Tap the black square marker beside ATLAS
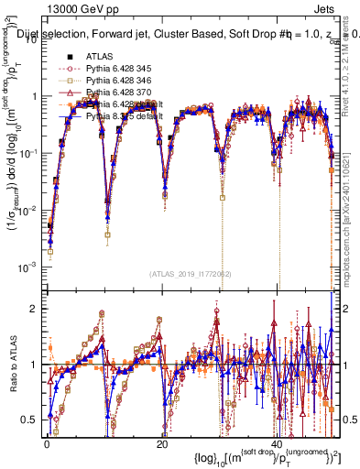click(68, 55)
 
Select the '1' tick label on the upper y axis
click(35, 96)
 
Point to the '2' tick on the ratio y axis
click(35, 309)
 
